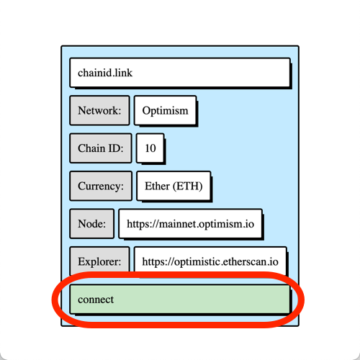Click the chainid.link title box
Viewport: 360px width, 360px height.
(x=180, y=73)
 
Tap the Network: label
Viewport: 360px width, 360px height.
(x=99, y=110)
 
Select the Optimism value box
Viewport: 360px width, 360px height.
(x=166, y=110)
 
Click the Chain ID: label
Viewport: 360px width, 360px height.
(x=101, y=148)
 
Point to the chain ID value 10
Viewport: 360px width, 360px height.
(x=150, y=148)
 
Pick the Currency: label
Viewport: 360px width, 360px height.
(x=101, y=186)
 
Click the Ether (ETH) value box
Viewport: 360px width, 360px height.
(x=174, y=186)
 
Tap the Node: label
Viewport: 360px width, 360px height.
(x=91, y=224)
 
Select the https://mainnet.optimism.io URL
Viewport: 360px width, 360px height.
(x=190, y=224)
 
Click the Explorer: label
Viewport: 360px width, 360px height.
(x=99, y=261)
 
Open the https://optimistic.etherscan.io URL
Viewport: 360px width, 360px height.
(x=210, y=261)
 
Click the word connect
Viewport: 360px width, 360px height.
(x=96, y=300)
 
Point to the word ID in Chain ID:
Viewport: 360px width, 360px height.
(x=116, y=148)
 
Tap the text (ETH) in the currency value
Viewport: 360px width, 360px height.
(x=188, y=186)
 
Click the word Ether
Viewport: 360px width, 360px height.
(x=157, y=186)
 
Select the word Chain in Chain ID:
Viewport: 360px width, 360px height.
(x=91, y=148)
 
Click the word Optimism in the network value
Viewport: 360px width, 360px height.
(x=166, y=111)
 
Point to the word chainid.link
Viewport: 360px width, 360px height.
(x=105, y=73)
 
